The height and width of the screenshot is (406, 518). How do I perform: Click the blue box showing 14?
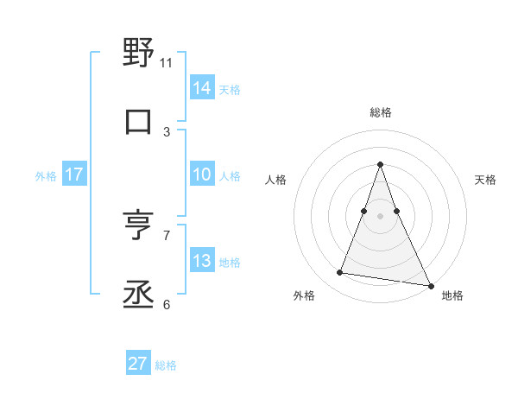[x=201, y=88]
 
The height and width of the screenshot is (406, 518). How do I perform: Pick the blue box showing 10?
[x=201, y=175]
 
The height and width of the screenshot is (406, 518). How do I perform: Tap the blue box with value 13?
[x=201, y=262]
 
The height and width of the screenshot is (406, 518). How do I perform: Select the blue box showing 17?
[x=74, y=175]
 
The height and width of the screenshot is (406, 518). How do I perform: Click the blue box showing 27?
[x=138, y=364]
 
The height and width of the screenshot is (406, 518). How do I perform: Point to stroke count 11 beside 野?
[x=167, y=63]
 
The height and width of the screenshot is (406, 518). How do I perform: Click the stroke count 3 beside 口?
[x=167, y=132]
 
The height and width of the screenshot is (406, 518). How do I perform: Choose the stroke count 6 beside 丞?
[x=167, y=304]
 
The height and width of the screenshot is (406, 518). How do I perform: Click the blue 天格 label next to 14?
[x=230, y=89]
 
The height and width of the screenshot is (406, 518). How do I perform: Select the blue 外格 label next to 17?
[x=46, y=176]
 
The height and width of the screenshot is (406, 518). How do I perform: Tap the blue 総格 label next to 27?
[x=166, y=365]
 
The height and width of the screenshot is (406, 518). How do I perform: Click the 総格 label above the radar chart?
[x=380, y=112]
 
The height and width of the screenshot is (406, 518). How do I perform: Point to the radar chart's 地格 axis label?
[x=452, y=296]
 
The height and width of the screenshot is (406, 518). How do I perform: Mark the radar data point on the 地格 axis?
[x=430, y=285]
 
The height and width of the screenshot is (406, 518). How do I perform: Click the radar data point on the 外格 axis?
[x=339, y=273]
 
